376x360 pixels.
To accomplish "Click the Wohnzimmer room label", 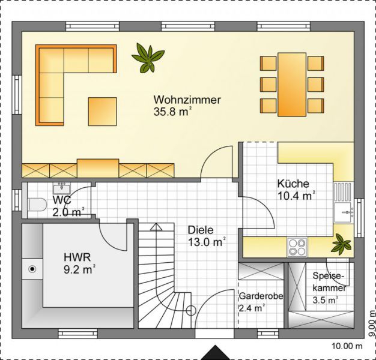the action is pyautogui.click(x=187, y=100).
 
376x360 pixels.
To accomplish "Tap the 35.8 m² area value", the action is pyautogui.click(x=172, y=112).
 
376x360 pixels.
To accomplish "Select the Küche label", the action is pyautogui.click(x=293, y=184).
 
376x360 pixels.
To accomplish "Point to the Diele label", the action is pyautogui.click(x=201, y=230).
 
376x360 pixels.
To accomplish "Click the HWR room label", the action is pyautogui.click(x=77, y=257).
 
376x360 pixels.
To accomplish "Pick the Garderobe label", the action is pyautogui.click(x=261, y=296).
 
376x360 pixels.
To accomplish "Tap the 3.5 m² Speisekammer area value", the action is pyautogui.click(x=325, y=300).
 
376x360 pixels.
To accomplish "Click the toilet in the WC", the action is pyautogui.click(x=37, y=205).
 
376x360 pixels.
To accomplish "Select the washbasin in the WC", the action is pyautogui.click(x=62, y=188).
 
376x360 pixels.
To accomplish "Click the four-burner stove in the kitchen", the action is pyautogui.click(x=297, y=247).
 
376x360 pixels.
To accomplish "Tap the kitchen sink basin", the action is pyautogui.click(x=344, y=212).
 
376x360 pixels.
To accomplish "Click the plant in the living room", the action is pyautogui.click(x=148, y=58).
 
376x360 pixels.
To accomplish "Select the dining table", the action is pyautogui.click(x=292, y=85).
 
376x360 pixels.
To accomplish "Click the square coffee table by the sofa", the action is pyautogui.click(x=102, y=112).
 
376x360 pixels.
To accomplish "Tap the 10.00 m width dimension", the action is pyautogui.click(x=347, y=346).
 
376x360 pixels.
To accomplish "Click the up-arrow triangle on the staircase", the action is pyautogui.click(x=156, y=227).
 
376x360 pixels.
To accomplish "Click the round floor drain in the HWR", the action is pyautogui.click(x=32, y=269).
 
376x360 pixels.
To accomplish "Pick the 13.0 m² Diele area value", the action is pyautogui.click(x=207, y=242).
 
